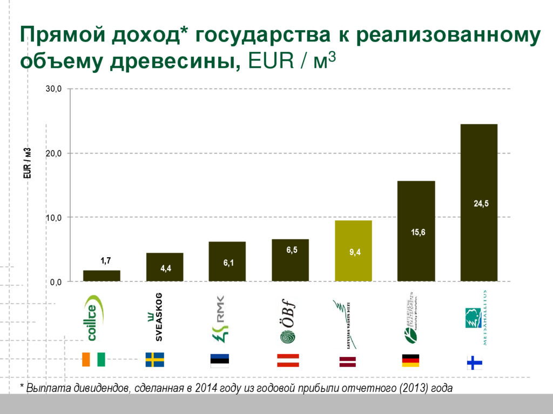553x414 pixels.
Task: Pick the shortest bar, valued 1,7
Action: click(102, 275)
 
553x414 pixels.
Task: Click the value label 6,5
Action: click(292, 250)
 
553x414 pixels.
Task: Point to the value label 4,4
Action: click(166, 269)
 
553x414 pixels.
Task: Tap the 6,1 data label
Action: click(228, 263)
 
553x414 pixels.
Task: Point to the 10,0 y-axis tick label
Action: click(53, 218)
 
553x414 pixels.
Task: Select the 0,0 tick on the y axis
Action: click(56, 282)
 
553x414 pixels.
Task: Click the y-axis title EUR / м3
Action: click(27, 163)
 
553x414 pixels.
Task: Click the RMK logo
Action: click(219, 319)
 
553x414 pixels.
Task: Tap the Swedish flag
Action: click(155, 360)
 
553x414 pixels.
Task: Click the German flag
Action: click(410, 361)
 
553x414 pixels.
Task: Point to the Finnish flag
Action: click(474, 362)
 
